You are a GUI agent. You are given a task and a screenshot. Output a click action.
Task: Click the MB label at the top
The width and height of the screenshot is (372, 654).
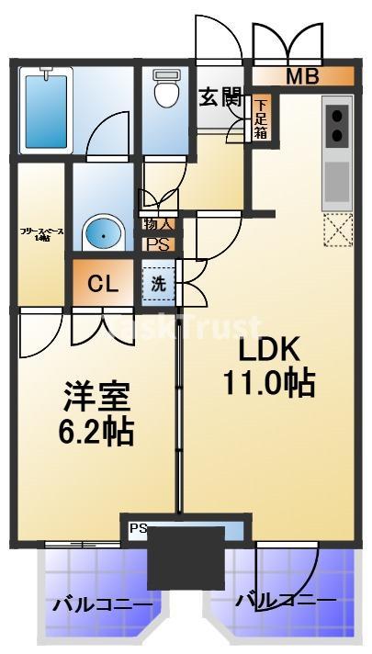(x=301, y=76)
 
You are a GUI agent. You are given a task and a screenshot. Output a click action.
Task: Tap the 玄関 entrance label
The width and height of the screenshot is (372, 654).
(x=220, y=95)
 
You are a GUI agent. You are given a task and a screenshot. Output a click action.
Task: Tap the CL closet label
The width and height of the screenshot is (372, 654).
(x=103, y=283)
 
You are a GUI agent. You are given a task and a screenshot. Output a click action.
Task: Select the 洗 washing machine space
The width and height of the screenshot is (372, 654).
(x=158, y=284)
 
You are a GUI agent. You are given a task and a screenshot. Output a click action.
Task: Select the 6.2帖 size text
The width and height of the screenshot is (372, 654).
(x=96, y=430)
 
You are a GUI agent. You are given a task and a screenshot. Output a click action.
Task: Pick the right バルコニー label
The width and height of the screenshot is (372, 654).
(x=285, y=602)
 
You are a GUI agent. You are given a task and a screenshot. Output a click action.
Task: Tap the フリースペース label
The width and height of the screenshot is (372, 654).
(x=41, y=233)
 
